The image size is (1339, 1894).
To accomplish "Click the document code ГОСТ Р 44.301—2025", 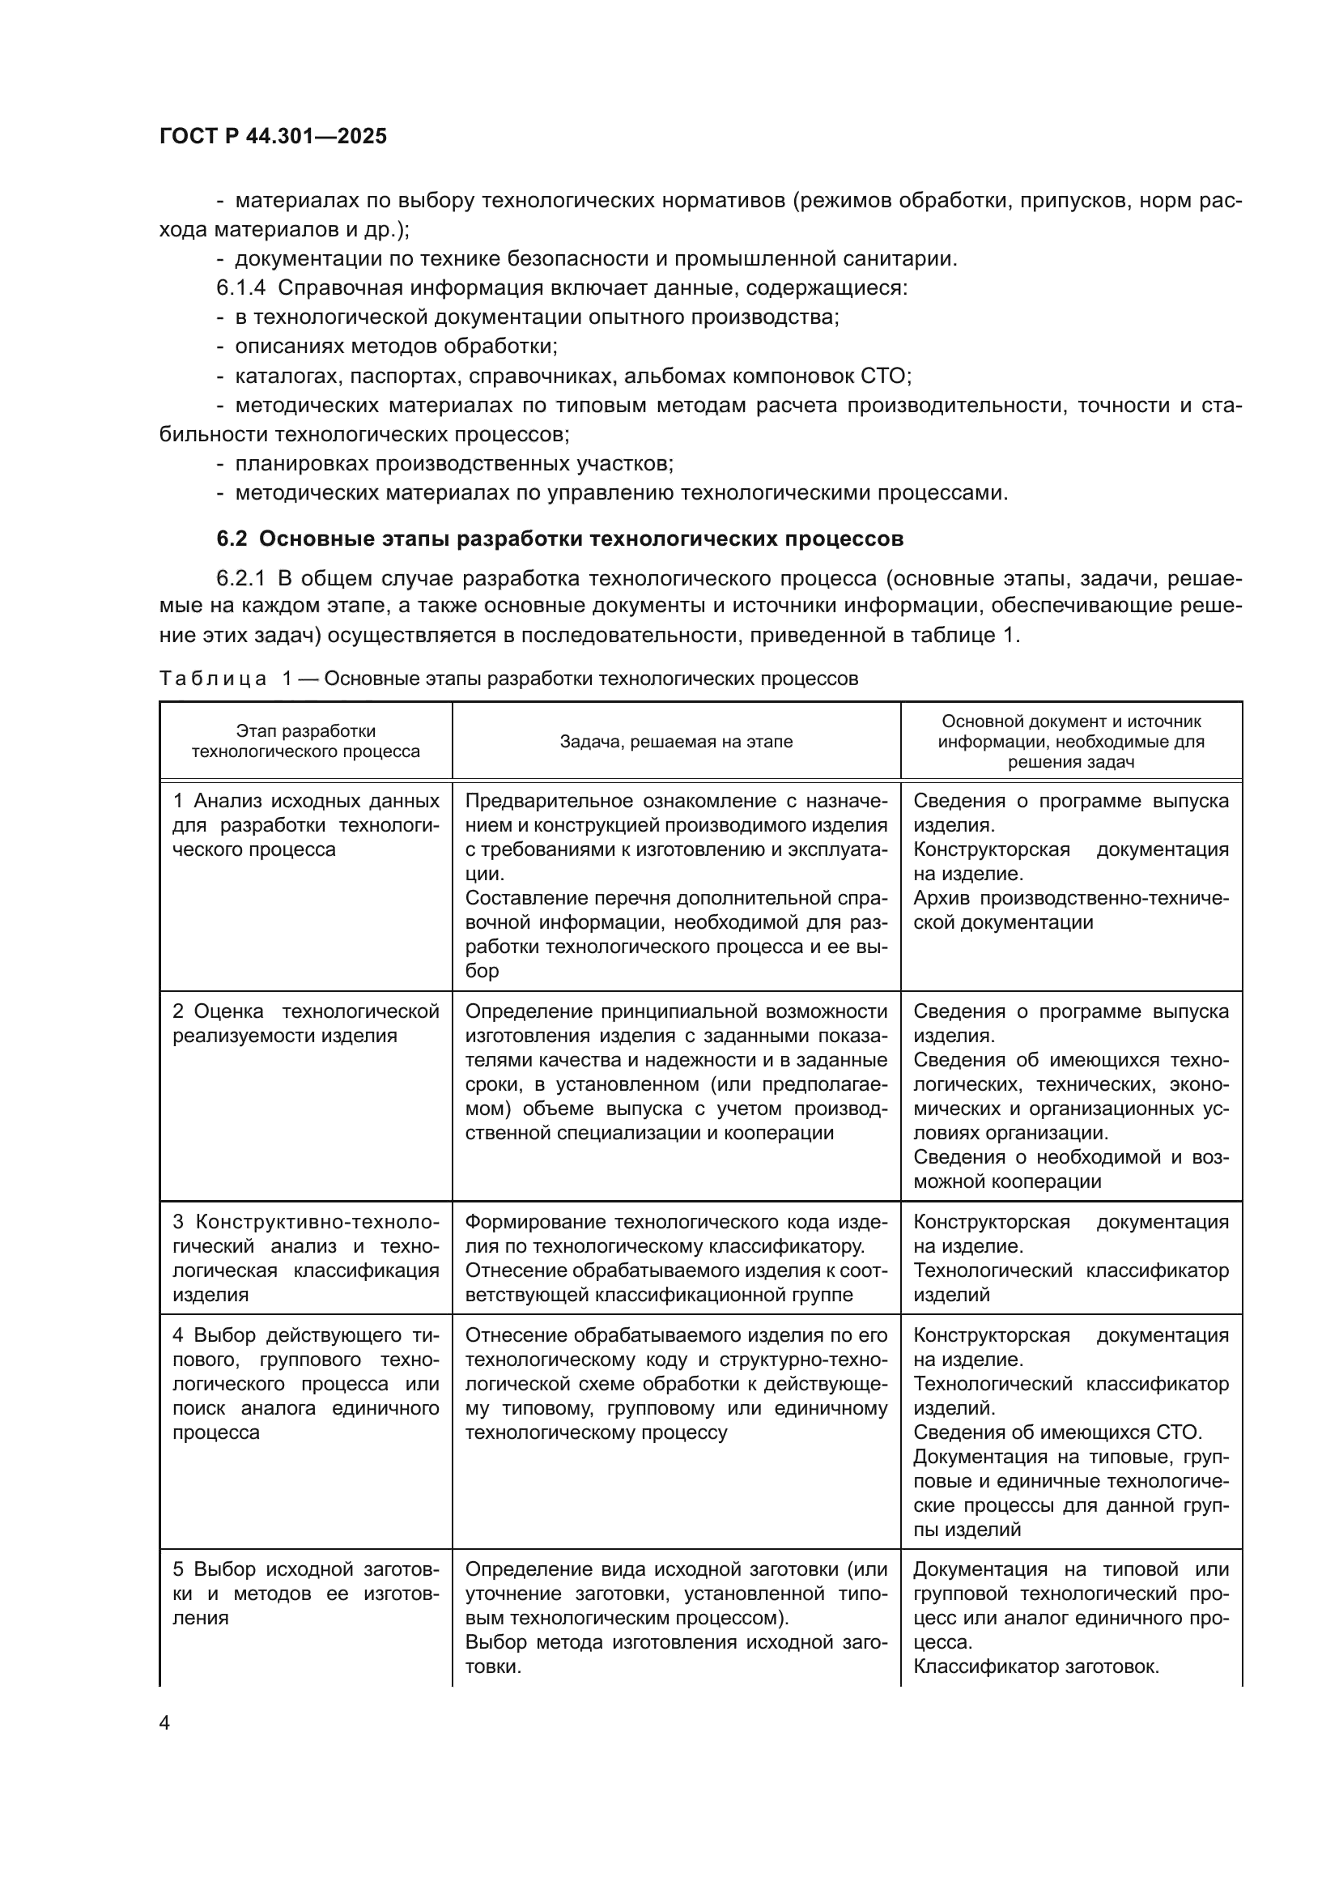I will (273, 137).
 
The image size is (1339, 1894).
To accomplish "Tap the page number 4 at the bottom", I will (164, 1723).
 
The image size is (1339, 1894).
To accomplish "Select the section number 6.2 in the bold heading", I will (232, 538).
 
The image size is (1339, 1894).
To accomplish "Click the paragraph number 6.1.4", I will (240, 288).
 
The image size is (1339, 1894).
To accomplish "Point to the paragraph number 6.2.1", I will (240, 578).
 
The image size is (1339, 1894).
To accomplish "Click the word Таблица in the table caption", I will (213, 678).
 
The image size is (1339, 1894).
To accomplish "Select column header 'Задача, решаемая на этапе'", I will (676, 742).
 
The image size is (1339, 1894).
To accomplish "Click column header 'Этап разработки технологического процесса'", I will (306, 742).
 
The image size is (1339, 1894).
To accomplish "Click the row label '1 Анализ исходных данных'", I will (306, 802).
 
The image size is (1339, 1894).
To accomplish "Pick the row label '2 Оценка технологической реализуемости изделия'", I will (306, 1024).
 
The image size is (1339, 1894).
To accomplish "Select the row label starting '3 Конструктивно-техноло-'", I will (306, 1223).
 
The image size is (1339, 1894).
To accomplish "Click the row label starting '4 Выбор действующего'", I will (306, 1335).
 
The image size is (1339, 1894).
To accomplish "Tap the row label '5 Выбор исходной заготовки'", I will (306, 1569).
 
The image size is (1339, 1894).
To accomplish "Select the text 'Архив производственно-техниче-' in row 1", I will (1071, 898).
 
